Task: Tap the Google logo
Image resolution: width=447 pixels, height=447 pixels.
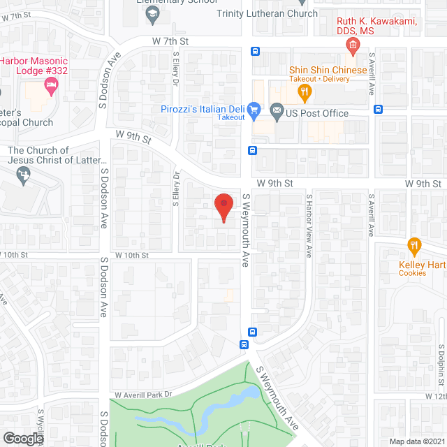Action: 22,438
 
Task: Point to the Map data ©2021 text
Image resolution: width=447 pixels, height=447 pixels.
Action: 417,441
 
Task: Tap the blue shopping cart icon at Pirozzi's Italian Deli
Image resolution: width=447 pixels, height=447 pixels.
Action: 254,110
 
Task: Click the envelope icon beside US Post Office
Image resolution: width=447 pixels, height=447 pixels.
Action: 276,110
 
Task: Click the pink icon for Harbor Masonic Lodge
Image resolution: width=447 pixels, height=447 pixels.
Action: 50,85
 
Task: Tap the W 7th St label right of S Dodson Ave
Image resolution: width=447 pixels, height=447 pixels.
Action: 170,42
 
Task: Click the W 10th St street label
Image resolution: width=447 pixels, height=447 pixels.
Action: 132,256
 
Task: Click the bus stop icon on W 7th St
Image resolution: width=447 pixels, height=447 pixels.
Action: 255,51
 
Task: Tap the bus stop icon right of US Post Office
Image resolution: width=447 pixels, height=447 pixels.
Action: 378,109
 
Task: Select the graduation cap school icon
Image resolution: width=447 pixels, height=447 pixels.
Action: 152,13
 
